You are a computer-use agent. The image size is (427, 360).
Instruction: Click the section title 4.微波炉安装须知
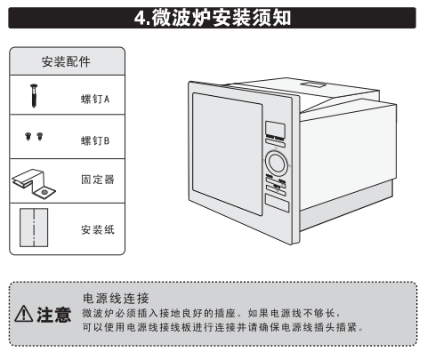tap(213, 18)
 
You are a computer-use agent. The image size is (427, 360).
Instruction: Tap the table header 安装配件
tap(66, 61)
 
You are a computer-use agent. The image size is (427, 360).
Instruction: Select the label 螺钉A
tap(95, 99)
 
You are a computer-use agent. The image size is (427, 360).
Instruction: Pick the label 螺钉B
tap(95, 140)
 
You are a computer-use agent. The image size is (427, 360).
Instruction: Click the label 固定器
tap(98, 180)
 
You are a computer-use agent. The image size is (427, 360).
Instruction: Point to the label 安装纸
tap(98, 229)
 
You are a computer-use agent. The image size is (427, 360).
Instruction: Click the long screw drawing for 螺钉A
tap(34, 95)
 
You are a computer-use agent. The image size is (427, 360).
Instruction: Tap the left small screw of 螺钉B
tap(28, 136)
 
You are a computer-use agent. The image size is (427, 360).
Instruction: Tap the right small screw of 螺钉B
tap(40, 136)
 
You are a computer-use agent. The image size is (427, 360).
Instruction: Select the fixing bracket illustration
tap(33, 183)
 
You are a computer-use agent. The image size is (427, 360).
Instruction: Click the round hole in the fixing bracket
tap(44, 192)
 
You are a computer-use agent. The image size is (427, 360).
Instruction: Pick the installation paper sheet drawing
tap(34, 228)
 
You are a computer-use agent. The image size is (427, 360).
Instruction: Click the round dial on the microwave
tap(277, 163)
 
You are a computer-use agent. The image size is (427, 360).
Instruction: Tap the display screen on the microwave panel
tap(275, 129)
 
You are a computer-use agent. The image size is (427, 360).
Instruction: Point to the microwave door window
tap(227, 154)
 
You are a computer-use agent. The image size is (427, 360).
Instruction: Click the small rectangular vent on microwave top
tap(314, 84)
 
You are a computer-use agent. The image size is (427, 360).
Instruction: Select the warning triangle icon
tap(24, 314)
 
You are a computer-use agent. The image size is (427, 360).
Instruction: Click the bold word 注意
tap(54, 315)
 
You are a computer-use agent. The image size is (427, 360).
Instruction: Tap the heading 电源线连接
tap(116, 299)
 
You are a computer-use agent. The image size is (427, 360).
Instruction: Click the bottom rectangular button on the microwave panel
tap(277, 203)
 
